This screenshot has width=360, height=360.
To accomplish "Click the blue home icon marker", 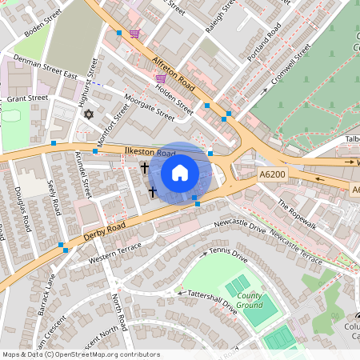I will point(180,173).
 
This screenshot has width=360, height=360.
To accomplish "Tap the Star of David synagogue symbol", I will point(89,115).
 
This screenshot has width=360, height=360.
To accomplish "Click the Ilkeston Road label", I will point(150,153).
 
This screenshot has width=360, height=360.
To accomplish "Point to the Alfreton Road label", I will point(174,74).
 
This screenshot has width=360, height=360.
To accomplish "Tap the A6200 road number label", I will point(272,174).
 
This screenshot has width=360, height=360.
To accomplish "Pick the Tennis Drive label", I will point(228,255).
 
